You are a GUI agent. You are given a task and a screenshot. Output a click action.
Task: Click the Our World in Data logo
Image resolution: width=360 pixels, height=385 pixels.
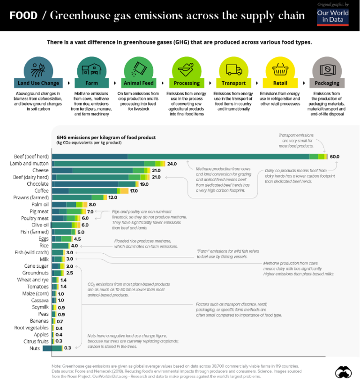(333, 16)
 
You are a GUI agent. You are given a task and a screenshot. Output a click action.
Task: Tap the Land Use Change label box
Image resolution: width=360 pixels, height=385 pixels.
(38, 83)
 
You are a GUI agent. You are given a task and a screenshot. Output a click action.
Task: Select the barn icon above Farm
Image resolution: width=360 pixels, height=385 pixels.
(91, 69)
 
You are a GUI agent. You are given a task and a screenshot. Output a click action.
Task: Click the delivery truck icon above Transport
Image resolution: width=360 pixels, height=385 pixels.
(233, 69)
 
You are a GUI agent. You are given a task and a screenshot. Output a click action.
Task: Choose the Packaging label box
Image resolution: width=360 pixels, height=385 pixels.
(327, 83)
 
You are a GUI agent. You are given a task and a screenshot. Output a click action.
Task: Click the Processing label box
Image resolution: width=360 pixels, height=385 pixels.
(187, 83)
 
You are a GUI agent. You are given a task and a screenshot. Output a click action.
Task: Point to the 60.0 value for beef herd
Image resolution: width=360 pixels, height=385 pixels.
(334, 157)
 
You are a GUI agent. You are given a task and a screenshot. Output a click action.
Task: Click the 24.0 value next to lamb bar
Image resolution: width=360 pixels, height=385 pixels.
(172, 164)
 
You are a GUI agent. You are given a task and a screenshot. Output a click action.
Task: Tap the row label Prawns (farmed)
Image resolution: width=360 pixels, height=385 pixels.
(31, 198)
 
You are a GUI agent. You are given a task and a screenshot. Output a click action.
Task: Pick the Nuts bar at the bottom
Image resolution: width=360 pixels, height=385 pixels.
(52, 348)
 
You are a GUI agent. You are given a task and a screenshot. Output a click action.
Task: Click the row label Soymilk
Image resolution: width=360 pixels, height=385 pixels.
(38, 307)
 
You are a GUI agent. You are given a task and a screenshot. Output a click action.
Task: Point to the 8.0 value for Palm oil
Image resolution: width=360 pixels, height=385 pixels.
(92, 204)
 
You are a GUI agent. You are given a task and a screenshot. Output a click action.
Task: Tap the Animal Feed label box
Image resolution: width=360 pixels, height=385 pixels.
(138, 83)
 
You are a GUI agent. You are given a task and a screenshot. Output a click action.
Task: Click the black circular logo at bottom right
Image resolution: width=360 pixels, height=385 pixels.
(343, 372)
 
